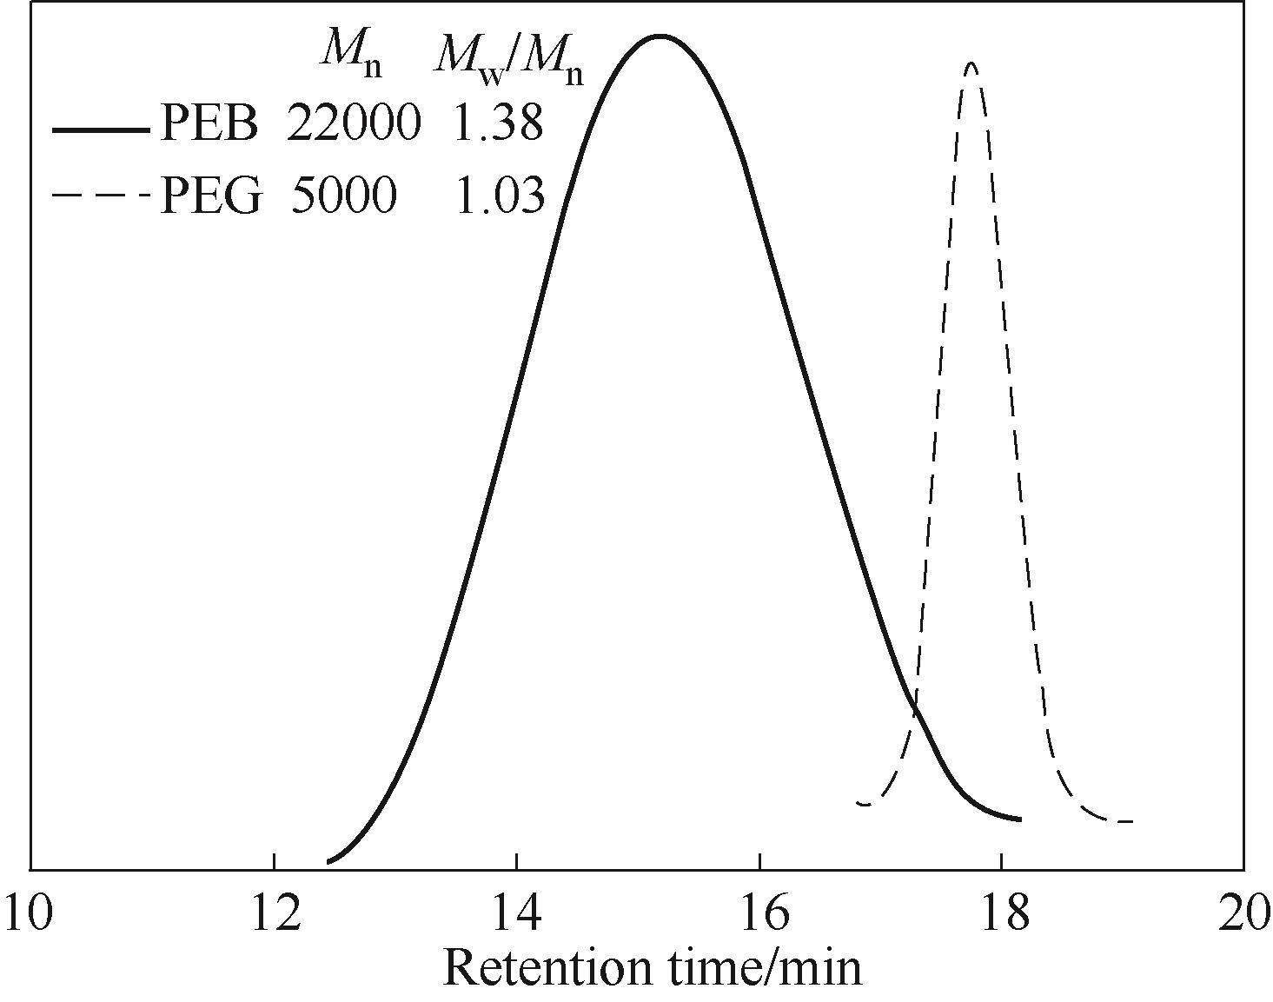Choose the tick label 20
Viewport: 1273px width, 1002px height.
[1243, 915]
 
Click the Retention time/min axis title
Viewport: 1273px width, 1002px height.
[653, 967]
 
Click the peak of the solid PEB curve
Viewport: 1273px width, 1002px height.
[660, 36]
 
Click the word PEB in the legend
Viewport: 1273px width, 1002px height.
[209, 124]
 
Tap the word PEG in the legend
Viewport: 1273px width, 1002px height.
[211, 196]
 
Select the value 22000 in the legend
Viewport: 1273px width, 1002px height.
[353, 124]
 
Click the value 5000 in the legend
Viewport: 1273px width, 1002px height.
[343, 196]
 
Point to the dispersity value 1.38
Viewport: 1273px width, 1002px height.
[498, 124]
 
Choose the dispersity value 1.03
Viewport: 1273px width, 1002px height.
[500, 196]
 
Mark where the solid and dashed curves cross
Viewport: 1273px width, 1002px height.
[915, 711]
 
